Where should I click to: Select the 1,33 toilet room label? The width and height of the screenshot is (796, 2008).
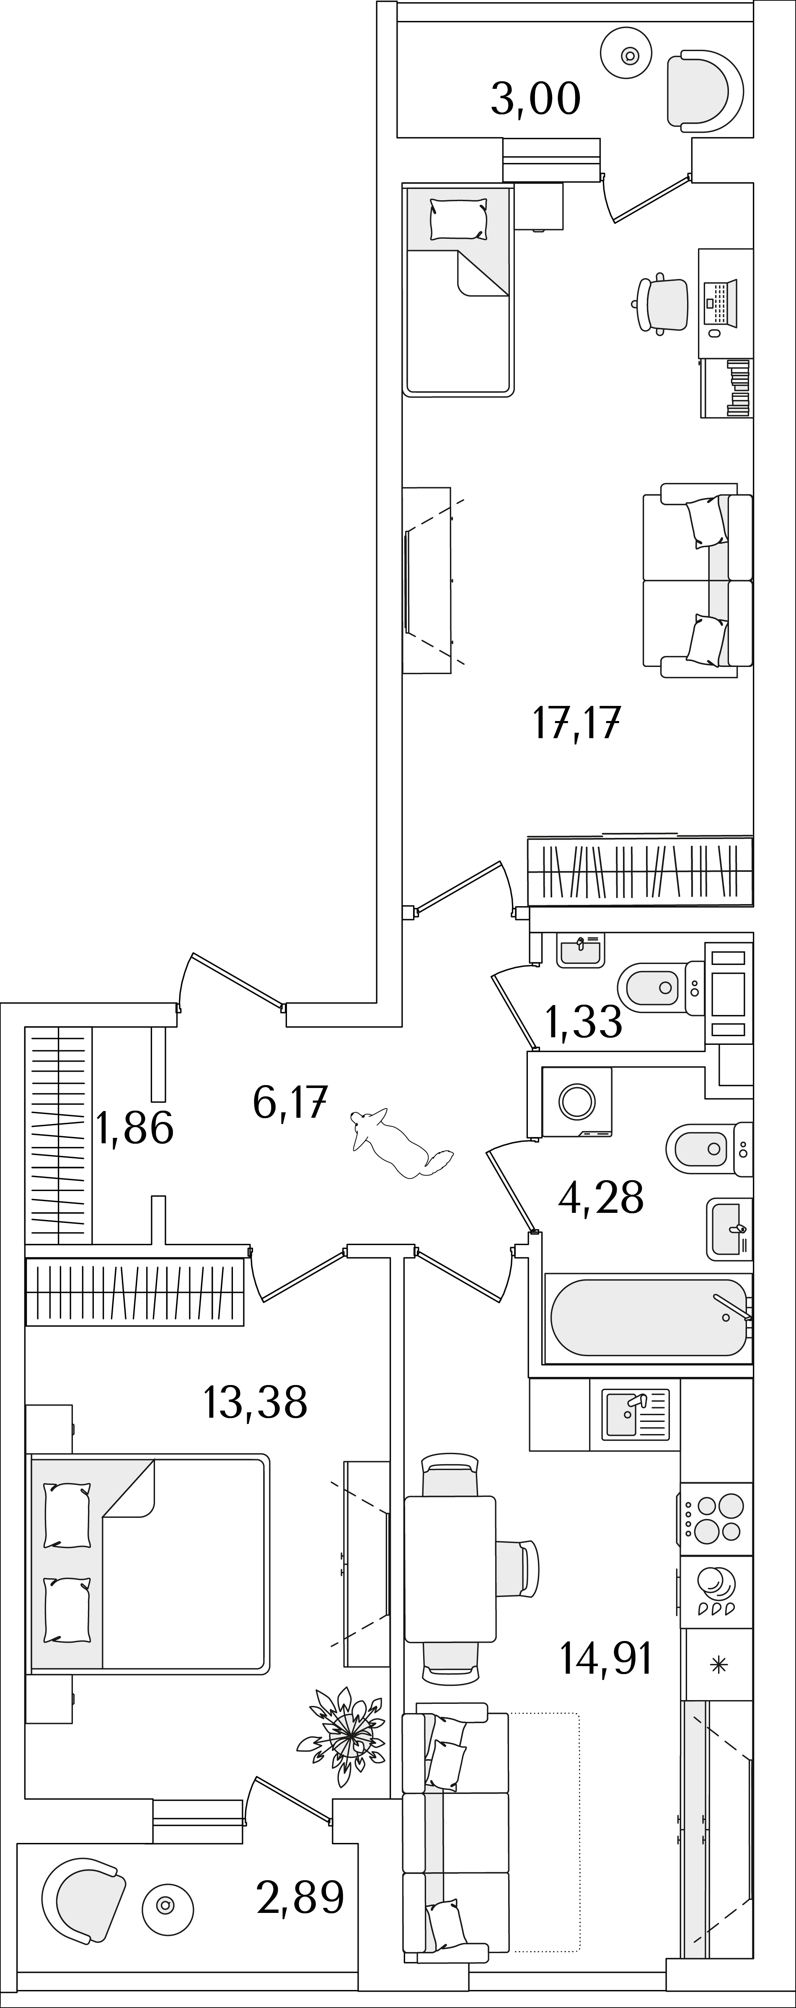coord(584,1022)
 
